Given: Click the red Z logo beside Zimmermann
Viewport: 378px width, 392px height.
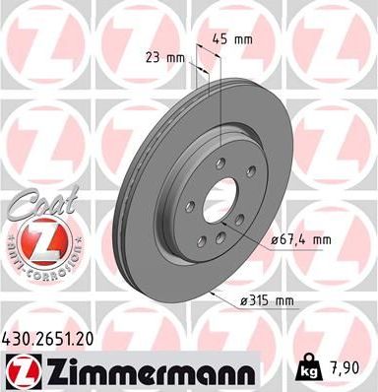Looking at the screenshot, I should point(22,370).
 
